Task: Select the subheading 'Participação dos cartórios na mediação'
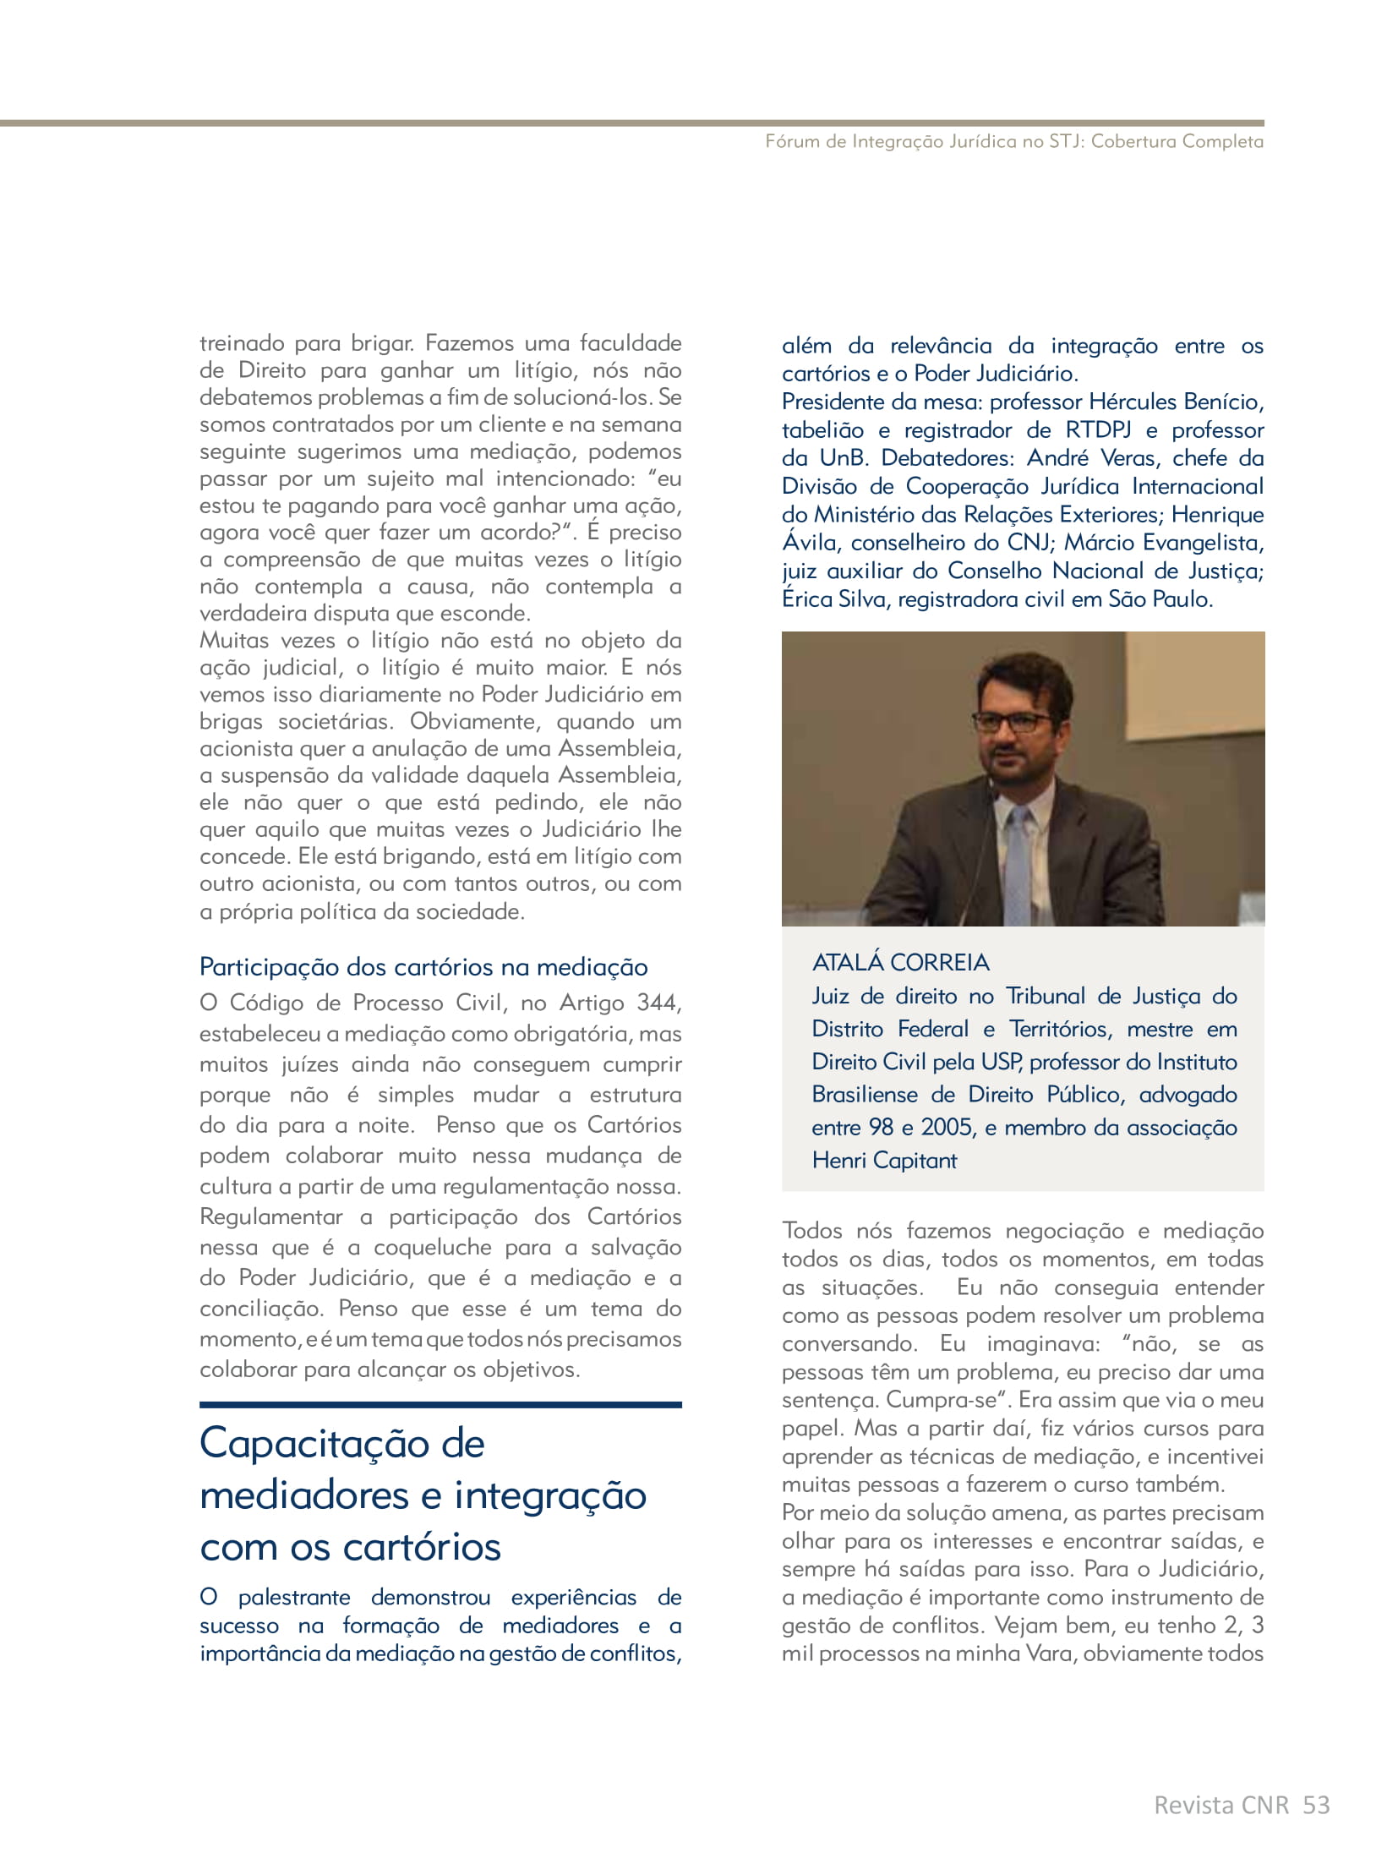click(423, 966)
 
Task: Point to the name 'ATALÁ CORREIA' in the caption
click(900, 962)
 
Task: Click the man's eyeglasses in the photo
click(1013, 723)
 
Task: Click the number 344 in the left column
click(658, 1003)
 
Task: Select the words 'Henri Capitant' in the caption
click(884, 1160)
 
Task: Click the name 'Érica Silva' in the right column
click(835, 599)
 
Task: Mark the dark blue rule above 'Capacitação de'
click(440, 1405)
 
